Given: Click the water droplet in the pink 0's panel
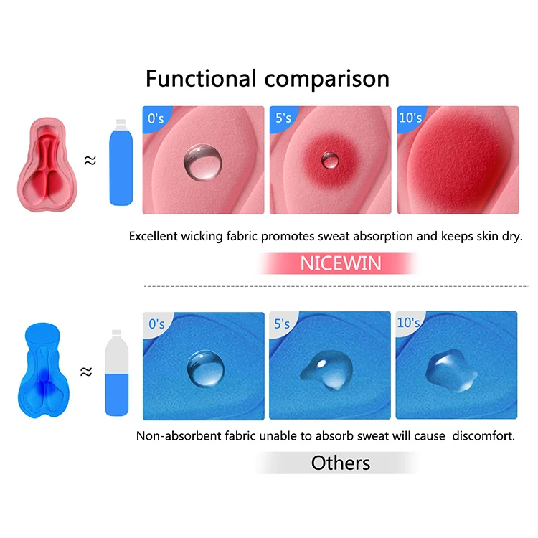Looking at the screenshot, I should [x=202, y=161].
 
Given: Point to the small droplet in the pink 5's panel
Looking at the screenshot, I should [x=331, y=160].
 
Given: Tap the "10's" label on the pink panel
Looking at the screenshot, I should [x=410, y=117].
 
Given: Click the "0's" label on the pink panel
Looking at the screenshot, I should [x=156, y=117].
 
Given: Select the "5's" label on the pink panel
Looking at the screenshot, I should [x=282, y=117].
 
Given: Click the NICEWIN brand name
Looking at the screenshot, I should [x=341, y=263].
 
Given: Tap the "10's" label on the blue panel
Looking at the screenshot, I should [x=408, y=323].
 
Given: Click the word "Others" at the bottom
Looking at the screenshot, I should [x=341, y=463].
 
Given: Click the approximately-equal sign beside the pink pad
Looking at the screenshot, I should [x=90, y=161].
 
